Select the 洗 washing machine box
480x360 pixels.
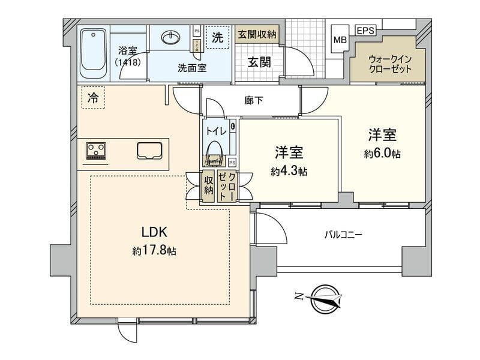point(217,37)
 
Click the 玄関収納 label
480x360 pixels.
point(256,35)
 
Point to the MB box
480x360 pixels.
point(339,40)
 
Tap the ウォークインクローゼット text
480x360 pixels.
point(391,64)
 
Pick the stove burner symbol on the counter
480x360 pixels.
point(96,150)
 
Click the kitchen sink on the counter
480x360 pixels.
point(150,151)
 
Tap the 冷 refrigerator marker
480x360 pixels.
point(92,97)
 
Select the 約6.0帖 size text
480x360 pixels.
point(382,154)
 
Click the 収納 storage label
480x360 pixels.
point(208,185)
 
